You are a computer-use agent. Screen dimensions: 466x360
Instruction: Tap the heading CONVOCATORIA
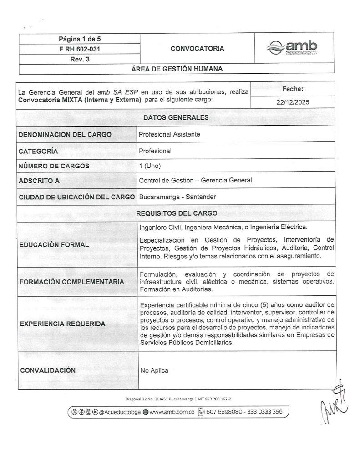click(197, 48)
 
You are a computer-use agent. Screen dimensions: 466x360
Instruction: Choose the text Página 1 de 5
click(76, 39)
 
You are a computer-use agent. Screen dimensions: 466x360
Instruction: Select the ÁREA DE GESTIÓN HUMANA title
click(177, 69)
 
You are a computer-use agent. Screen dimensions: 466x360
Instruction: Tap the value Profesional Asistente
click(169, 134)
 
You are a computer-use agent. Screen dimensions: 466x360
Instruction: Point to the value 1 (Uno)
click(150, 166)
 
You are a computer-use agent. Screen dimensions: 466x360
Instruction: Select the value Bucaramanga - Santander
click(177, 197)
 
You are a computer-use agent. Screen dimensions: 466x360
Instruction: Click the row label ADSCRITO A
click(39, 181)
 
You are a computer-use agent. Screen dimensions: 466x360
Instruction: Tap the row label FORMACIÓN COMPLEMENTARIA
click(71, 282)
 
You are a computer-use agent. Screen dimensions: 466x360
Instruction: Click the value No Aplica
click(154, 370)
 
